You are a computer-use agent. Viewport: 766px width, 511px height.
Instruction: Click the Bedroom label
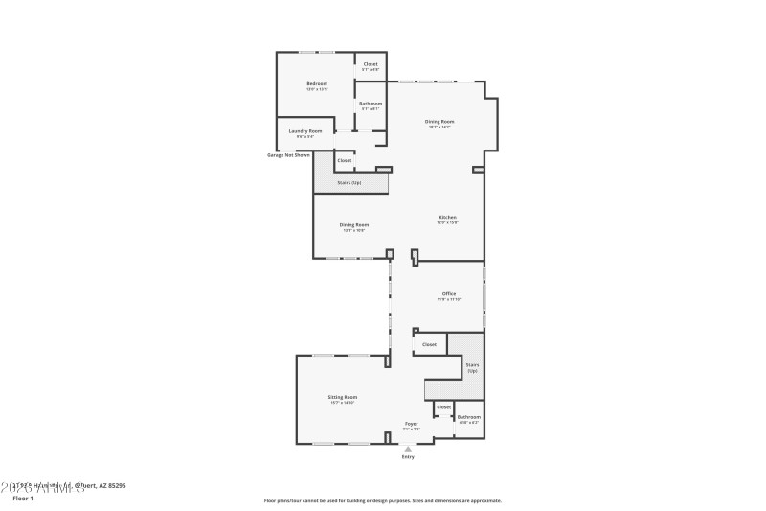click(317, 84)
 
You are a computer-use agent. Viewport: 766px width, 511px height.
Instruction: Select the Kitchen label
click(447, 218)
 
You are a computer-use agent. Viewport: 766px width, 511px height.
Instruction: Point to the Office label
click(448, 294)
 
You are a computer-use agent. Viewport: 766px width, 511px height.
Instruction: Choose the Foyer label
click(411, 424)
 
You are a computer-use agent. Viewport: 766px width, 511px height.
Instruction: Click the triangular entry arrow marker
click(408, 448)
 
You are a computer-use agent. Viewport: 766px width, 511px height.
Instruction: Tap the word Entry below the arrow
click(408, 457)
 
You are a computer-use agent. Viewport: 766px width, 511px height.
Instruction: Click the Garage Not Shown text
click(288, 155)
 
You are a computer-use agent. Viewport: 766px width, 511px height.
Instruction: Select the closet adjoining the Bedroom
click(370, 65)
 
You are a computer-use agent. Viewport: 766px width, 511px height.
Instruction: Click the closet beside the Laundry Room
click(344, 160)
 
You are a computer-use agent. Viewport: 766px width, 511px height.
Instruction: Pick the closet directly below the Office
click(429, 344)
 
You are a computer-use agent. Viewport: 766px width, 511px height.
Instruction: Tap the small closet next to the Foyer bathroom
click(443, 407)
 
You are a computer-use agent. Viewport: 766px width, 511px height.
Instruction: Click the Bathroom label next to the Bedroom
click(370, 104)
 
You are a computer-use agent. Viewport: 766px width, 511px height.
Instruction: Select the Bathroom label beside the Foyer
click(468, 417)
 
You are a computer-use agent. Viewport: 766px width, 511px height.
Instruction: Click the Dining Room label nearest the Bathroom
click(439, 122)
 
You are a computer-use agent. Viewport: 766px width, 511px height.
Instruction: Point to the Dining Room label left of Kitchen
click(353, 225)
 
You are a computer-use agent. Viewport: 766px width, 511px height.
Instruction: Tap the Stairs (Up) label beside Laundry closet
click(349, 182)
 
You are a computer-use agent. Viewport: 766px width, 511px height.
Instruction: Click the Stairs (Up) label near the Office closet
click(472, 367)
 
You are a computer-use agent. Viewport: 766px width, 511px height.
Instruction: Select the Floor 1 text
click(22, 499)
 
